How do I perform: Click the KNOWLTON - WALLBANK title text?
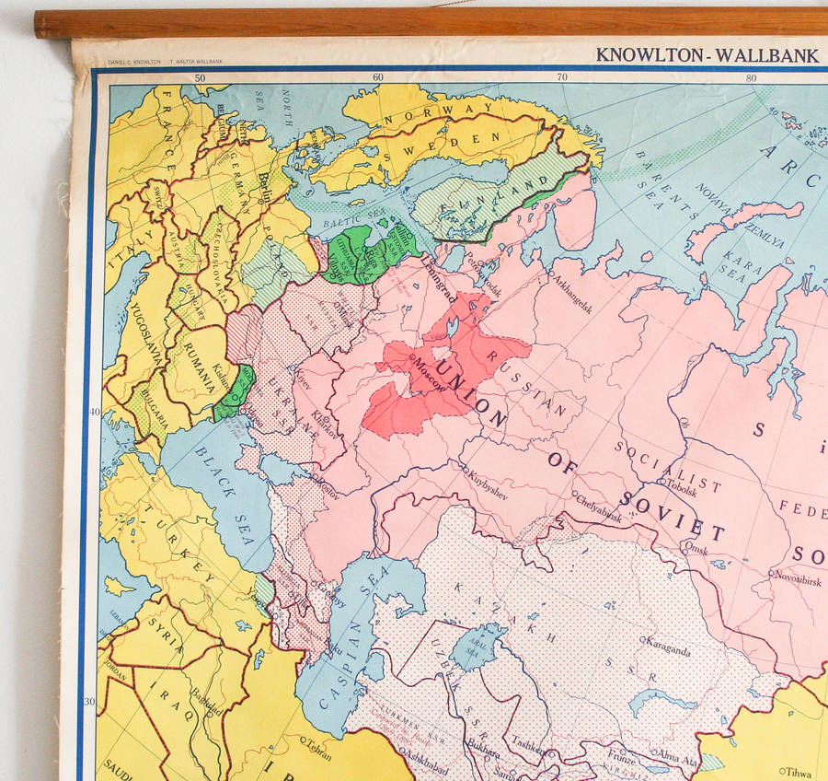pyautogui.click(x=707, y=55)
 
